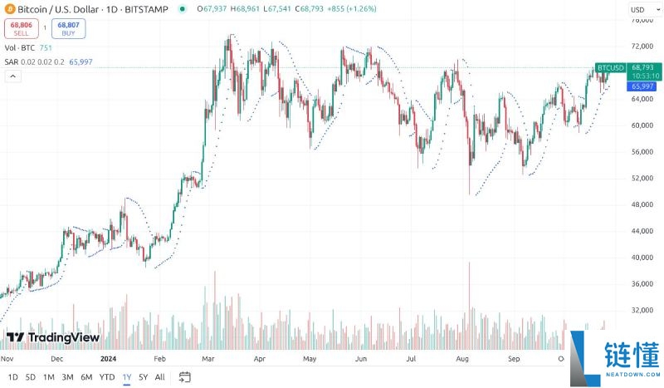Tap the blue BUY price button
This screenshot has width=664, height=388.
coord(67,27)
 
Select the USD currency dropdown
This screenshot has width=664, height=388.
coord(641,10)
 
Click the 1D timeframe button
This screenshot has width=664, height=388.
coord(13,376)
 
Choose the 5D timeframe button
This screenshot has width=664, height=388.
coord(31,376)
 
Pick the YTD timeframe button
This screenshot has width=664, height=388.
coord(106,376)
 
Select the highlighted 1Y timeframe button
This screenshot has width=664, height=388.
coord(126,376)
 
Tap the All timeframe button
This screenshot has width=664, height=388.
coord(159,376)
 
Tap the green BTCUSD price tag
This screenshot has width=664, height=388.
coord(610,67)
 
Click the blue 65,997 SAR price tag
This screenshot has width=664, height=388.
coord(640,86)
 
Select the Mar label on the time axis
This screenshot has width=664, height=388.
coord(210,359)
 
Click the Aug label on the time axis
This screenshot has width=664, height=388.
coord(462,359)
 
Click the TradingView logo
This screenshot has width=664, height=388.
coord(53,337)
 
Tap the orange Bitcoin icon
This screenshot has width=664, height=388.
coord(9,10)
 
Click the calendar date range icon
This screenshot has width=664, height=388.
coord(185,376)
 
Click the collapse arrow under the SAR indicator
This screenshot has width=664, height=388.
coord(12,76)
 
